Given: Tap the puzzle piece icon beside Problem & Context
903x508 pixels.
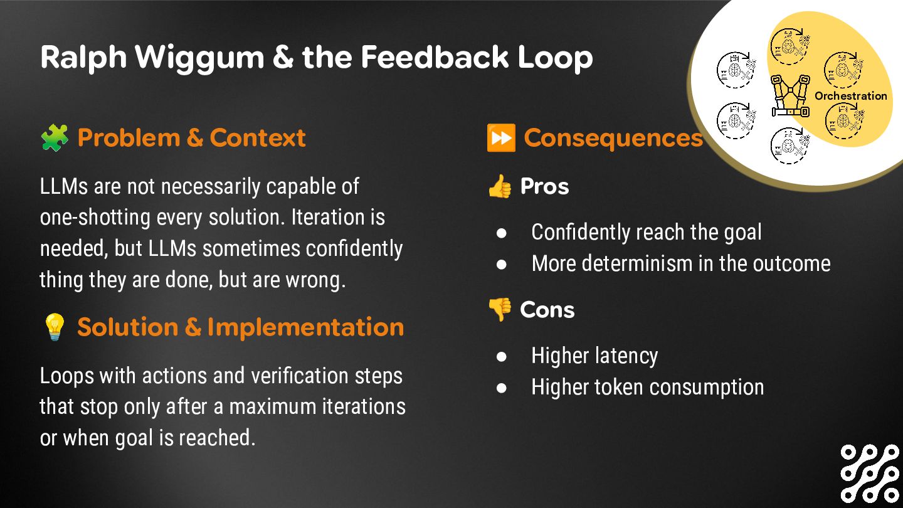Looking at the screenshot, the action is [x=55, y=137].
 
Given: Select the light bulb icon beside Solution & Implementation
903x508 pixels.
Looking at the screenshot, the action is [x=55, y=327].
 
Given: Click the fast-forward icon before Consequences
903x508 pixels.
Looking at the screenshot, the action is [x=501, y=138].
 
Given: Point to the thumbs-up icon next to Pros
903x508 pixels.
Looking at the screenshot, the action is [x=500, y=187].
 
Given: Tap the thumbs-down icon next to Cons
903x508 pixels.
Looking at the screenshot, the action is [x=500, y=309].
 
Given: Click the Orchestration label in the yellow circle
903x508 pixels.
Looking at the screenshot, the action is [x=850, y=96].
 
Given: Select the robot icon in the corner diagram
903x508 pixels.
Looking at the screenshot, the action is [x=790, y=96].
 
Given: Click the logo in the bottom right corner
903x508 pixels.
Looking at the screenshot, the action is [x=870, y=474].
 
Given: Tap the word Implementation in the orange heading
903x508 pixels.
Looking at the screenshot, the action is [x=305, y=327].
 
